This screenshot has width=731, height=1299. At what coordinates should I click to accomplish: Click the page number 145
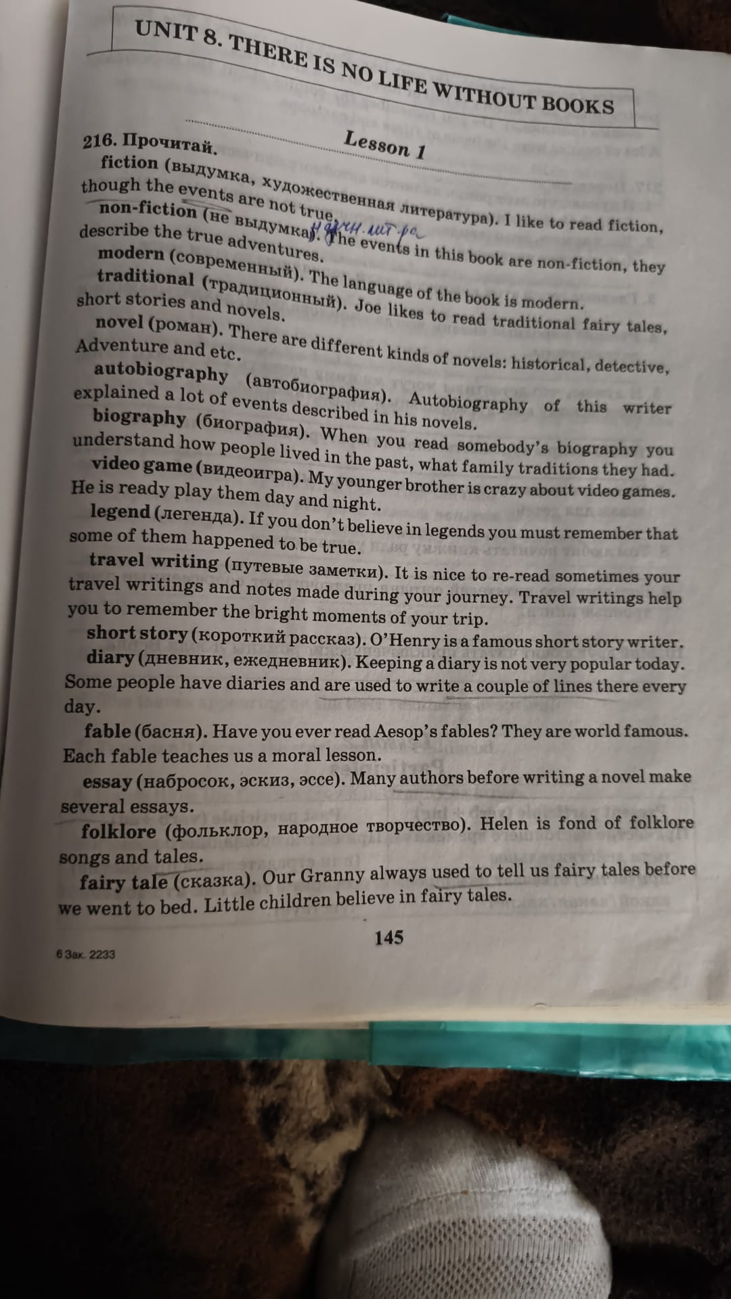click(389, 937)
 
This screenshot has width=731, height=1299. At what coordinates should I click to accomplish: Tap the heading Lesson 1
click(384, 143)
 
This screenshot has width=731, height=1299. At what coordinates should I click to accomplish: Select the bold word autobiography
click(161, 372)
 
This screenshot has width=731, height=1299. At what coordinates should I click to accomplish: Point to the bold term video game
click(141, 465)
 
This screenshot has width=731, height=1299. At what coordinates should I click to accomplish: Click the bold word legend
click(120, 512)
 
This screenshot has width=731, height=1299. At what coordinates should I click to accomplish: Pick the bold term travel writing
click(154, 561)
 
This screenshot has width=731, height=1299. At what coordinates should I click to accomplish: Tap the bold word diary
click(110, 657)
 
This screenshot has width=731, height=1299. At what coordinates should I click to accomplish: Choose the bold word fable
click(107, 731)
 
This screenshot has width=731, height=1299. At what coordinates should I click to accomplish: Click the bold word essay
click(107, 781)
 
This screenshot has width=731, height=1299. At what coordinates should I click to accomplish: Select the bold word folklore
click(118, 831)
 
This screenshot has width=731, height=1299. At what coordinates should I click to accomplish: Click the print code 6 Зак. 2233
click(86, 955)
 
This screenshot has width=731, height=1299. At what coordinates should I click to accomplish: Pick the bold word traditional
click(145, 277)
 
